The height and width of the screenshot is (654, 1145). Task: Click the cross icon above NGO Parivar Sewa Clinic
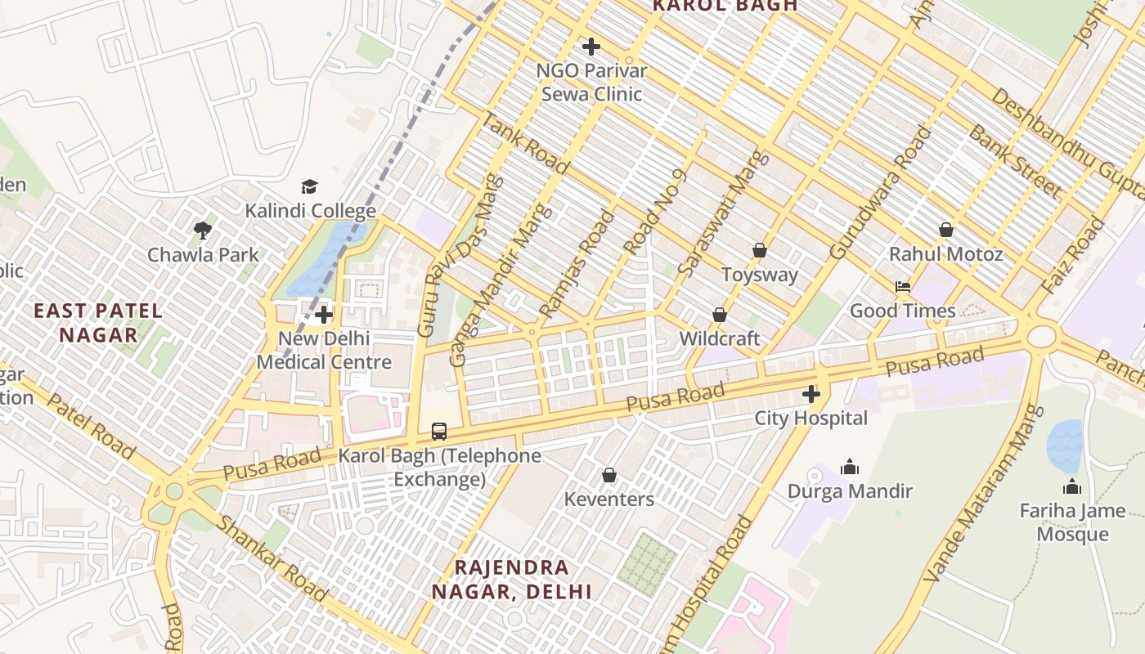[x=590, y=47]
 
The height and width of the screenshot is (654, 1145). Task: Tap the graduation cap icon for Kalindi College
[x=309, y=187]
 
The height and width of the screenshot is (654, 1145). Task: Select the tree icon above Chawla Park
[x=203, y=231]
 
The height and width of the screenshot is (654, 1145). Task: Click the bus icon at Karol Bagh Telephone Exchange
[x=439, y=431]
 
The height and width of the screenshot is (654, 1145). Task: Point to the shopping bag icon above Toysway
[x=760, y=250]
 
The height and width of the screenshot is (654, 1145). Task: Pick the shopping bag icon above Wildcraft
[x=720, y=315]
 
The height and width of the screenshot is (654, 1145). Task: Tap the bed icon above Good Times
[x=902, y=287]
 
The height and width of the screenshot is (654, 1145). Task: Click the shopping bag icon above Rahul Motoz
[x=946, y=230]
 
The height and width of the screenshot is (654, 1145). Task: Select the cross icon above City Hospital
[x=810, y=395]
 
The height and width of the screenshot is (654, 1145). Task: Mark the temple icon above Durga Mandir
[x=850, y=467]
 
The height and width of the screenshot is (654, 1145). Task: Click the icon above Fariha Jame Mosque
[x=1072, y=487]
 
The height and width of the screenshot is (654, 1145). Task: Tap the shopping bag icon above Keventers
[x=609, y=475]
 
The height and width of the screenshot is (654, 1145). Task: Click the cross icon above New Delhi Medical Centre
[x=324, y=315]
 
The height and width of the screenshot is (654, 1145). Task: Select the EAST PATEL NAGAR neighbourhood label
[x=98, y=322]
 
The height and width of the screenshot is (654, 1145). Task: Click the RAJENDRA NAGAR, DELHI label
[x=512, y=579]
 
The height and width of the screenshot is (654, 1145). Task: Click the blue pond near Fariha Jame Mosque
[x=1066, y=446]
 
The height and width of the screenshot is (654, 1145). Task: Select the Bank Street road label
[x=1014, y=162]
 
